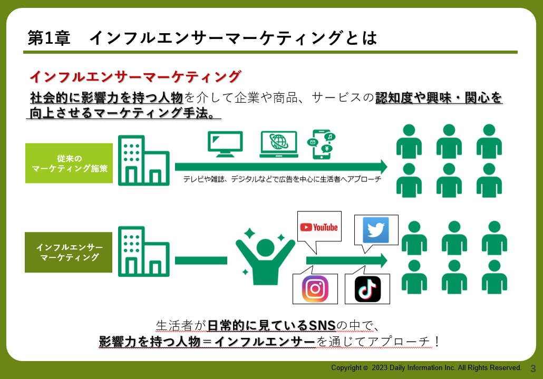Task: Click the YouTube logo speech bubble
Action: coord(319,227)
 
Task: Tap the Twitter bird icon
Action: coord(376,230)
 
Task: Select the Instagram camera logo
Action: coord(315,289)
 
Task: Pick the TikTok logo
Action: coord(368,289)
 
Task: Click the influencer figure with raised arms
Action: coord(265,257)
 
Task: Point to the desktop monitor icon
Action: coord(225,144)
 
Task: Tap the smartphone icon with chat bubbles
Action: coord(322,144)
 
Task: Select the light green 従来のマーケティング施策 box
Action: coord(69,163)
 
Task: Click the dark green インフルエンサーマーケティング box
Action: coord(69,252)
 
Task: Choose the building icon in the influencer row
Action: coord(144,251)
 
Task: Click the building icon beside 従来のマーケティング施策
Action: coord(144,160)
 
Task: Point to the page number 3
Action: coord(533,368)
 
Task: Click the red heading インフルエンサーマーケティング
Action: coord(135,77)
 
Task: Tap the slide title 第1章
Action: coord(49,38)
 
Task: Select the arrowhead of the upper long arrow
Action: coord(383,167)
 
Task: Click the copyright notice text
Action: coord(426,367)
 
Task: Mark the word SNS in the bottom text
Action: coord(322,325)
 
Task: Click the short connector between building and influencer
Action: coord(201,260)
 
